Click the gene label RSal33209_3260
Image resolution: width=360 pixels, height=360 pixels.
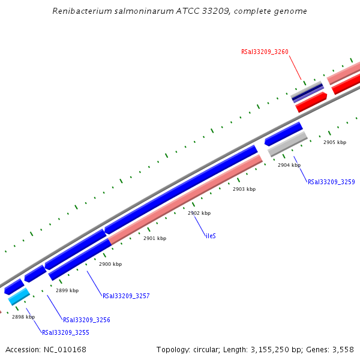[265, 52]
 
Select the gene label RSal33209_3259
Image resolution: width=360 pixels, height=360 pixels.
[331, 182]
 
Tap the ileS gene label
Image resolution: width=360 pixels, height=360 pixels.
[211, 236]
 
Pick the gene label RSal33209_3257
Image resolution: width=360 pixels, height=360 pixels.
[126, 296]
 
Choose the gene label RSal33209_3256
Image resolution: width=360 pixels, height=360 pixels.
[86, 320]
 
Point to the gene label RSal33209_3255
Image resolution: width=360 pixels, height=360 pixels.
[65, 332]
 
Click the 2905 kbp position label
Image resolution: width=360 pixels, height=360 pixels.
[335, 143]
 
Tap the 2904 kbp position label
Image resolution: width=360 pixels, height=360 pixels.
[289, 165]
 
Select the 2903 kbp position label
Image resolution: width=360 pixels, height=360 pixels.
[244, 189]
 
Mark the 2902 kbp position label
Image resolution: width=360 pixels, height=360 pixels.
[199, 213]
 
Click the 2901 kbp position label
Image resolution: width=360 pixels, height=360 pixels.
[155, 238]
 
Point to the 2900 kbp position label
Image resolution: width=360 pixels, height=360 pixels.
[110, 264]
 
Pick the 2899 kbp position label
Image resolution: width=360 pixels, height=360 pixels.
[67, 290]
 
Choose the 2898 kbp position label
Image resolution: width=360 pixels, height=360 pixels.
[23, 317]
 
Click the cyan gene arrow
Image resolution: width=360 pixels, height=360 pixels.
[19, 296]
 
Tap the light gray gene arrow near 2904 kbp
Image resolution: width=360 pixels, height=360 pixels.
[288, 144]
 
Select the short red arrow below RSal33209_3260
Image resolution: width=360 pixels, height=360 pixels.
[311, 102]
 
